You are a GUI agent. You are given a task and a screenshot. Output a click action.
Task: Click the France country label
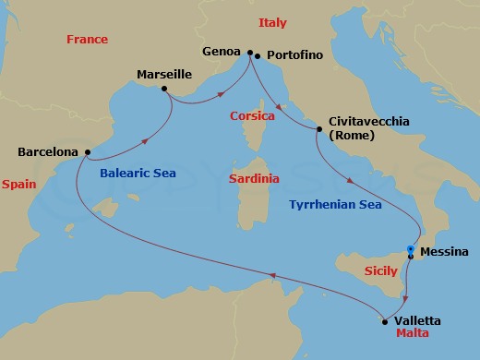coord(88,40)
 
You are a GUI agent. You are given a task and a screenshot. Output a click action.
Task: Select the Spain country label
coord(18,185)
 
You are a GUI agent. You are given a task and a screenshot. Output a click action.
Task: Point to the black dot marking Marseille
coord(163,89)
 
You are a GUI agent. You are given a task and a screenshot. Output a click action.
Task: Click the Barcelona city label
coord(48,152)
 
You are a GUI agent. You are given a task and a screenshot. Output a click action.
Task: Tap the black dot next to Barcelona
coord(87,152)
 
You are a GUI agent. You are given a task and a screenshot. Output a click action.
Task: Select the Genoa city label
coord(222,52)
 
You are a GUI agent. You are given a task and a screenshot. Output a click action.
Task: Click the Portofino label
coord(294,55)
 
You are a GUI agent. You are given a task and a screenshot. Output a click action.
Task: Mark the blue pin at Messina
coord(411,249)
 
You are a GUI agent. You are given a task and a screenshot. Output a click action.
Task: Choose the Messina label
coord(444,252)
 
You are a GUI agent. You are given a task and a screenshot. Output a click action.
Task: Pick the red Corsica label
coord(253,117)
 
